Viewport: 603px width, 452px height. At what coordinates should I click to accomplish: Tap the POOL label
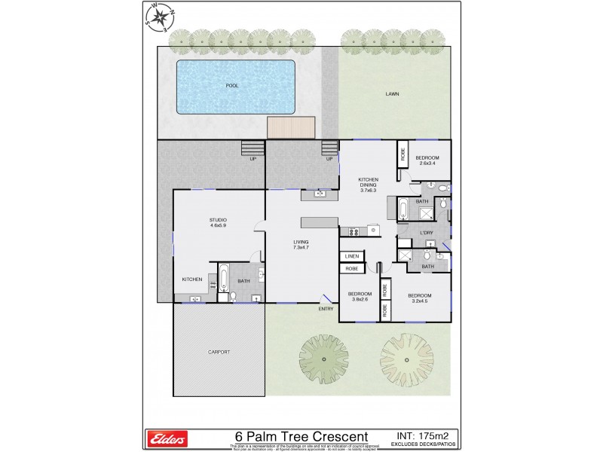[232, 86]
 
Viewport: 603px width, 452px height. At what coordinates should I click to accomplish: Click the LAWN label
[392, 94]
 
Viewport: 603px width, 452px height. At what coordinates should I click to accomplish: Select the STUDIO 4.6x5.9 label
[218, 222]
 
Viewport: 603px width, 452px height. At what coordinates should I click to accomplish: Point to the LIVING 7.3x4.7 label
[301, 245]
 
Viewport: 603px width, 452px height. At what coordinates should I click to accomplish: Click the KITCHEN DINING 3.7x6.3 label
[368, 185]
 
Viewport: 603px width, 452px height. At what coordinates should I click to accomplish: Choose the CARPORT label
[219, 352]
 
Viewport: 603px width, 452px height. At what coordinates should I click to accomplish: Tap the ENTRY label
[326, 308]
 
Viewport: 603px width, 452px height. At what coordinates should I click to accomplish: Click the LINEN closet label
[351, 256]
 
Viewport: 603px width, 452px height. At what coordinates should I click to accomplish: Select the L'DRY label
[426, 233]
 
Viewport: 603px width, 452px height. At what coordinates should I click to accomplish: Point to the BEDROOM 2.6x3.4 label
[427, 160]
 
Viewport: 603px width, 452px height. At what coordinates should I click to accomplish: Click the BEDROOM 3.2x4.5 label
[420, 298]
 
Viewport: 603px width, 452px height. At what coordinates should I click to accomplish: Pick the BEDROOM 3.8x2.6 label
[359, 296]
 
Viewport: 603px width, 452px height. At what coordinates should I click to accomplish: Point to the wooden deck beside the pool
[290, 127]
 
